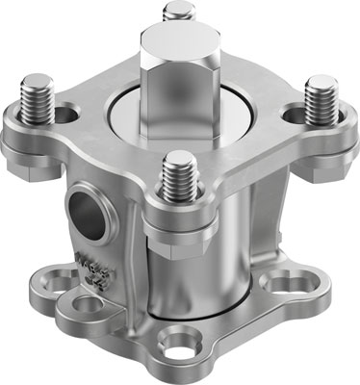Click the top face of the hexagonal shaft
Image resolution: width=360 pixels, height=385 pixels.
pyautogui.click(x=179, y=41)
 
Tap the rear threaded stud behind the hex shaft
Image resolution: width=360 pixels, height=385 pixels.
pyautogui.click(x=179, y=13)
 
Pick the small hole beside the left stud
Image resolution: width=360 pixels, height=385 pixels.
pyautogui.click(x=65, y=115)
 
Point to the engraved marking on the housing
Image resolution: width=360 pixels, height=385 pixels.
pyautogui.click(x=94, y=270)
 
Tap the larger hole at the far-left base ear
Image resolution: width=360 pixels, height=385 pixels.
pyautogui.click(x=49, y=283)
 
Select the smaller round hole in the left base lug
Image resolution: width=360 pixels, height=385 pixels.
pyautogui.click(x=88, y=305)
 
